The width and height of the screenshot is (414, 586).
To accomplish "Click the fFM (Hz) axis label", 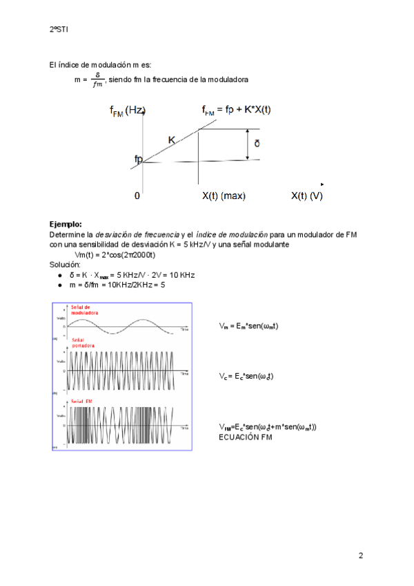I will click(x=127, y=111).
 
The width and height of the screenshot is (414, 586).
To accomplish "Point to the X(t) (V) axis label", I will click(x=306, y=196).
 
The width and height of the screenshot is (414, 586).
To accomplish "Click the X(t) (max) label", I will click(x=224, y=196).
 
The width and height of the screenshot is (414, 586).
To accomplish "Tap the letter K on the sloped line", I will click(x=172, y=140).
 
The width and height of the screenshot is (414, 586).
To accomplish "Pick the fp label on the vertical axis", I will click(x=139, y=160).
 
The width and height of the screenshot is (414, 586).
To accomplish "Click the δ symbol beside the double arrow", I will click(x=257, y=144).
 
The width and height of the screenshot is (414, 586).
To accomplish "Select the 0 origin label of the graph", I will click(x=137, y=196).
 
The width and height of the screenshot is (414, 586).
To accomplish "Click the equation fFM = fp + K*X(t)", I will click(x=236, y=111).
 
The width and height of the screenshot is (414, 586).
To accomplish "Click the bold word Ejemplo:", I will click(x=66, y=224).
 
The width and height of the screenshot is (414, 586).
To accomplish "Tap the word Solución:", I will click(x=65, y=265).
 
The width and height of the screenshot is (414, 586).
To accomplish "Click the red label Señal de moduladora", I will click(x=86, y=310).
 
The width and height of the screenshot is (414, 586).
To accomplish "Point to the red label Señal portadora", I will click(x=83, y=342).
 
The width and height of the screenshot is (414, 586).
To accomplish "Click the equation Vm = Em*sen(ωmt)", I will click(x=248, y=325).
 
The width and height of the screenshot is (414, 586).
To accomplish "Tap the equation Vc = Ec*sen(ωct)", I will click(x=246, y=376).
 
